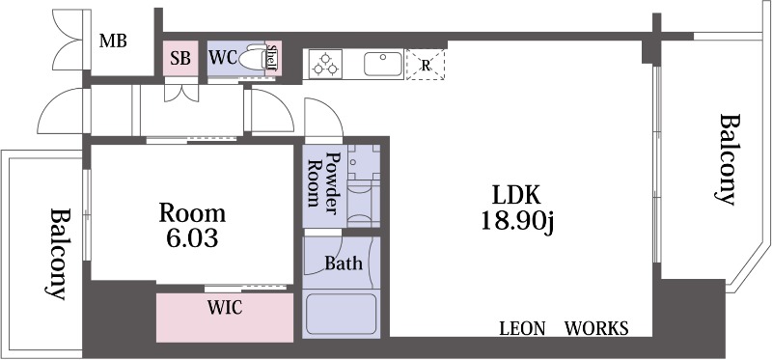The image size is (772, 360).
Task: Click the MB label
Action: tap(114, 41)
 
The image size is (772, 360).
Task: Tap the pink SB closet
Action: tap(180, 58)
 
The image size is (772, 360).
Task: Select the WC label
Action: tap(222, 57)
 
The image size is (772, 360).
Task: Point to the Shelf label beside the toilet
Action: tap(272, 59)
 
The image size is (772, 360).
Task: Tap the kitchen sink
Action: tap(383, 65)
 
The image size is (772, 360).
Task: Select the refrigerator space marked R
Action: tap(425, 65)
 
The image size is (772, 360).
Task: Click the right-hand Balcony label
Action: tap(729, 160)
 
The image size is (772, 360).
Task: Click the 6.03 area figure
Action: tap(192, 237)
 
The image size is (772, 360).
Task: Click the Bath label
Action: tap(343, 263)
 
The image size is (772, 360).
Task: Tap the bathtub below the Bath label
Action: tap(341, 314)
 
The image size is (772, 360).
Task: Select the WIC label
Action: tap(224, 309)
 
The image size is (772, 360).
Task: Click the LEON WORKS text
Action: tap(564, 329)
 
